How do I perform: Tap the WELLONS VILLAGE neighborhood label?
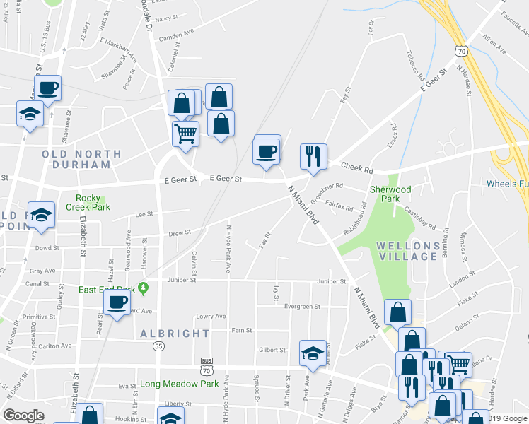pos(403,251)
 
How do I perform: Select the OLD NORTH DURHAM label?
pos(76,159)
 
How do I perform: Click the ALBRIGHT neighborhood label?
pos(175,334)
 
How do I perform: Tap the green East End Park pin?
pos(144,288)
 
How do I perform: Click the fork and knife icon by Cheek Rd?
pos(313,156)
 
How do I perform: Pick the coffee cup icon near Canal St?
pos(117,302)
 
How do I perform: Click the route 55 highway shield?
pos(160,346)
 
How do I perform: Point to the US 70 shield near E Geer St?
pos(460,52)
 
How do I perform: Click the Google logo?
pos(23,416)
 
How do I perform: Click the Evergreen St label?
pos(302,307)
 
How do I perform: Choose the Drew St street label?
pos(180,232)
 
